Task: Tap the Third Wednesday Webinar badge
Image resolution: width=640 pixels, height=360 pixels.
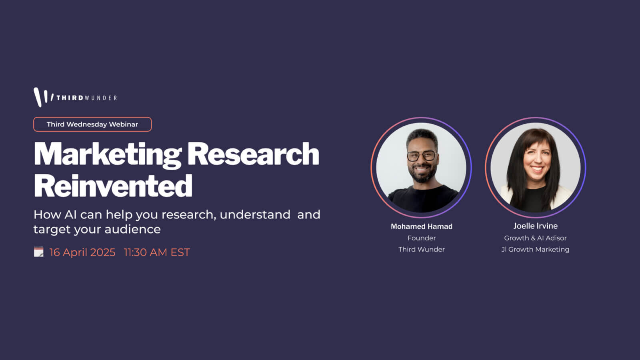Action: point(92,124)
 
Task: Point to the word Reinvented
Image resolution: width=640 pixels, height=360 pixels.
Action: point(113,186)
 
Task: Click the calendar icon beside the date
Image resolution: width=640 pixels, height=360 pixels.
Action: point(38,252)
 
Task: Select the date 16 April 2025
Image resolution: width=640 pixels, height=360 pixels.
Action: point(82,252)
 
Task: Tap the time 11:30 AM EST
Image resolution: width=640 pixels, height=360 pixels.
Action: point(157,252)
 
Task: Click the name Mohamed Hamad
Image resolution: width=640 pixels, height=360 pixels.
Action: point(422,226)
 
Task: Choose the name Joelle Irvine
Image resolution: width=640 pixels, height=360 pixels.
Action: point(536,226)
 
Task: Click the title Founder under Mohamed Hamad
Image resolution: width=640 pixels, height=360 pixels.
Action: point(422,238)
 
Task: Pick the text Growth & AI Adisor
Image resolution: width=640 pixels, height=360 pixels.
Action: point(535,238)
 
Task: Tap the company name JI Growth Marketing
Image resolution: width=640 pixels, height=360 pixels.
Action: point(535,250)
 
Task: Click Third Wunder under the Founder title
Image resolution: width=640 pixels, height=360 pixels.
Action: point(422,250)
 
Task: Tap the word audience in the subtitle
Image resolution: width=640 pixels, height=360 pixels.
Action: point(132,229)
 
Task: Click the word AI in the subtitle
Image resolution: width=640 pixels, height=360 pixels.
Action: point(70,214)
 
